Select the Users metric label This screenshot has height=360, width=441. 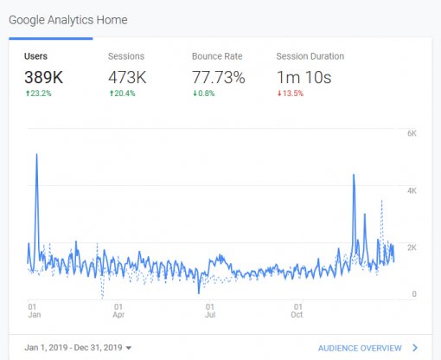[36, 56]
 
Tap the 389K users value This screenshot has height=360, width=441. [44, 77]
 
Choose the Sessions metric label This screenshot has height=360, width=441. [126, 56]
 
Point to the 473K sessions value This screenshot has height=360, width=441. [127, 77]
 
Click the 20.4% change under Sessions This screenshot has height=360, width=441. [125, 94]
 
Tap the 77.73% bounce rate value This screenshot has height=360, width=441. [219, 77]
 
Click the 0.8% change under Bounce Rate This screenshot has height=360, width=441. [207, 94]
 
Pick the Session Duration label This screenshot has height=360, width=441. [310, 56]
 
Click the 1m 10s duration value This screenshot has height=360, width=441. [304, 77]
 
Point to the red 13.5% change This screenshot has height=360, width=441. [291, 94]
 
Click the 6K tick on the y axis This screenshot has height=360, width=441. [412, 133]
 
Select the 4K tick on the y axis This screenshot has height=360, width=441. [412, 190]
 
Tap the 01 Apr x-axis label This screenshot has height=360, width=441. [118, 311]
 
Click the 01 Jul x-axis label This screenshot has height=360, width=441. [208, 311]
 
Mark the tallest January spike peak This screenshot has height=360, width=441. [36, 155]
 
